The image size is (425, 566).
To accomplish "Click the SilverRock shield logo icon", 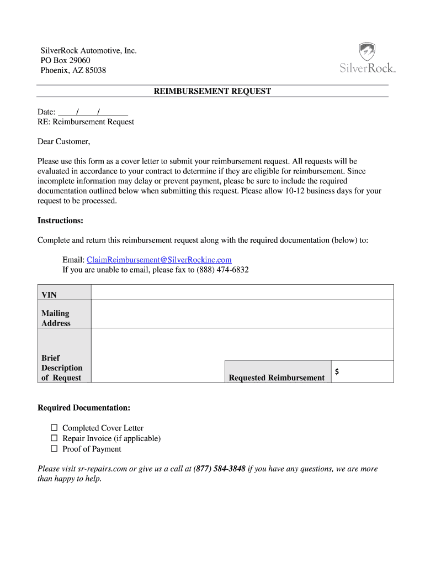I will coord(367,52).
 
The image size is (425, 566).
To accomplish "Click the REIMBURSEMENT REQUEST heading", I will coord(212,91).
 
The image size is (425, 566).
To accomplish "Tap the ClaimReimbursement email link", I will coord(159,260).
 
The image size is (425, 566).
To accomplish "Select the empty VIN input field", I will coord(242,292).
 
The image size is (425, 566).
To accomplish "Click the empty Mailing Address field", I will coord(242,314).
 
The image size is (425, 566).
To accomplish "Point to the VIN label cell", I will coord(64,292).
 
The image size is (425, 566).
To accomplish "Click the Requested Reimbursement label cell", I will coord(277,371).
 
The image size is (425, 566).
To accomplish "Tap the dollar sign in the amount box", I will coord(337,372).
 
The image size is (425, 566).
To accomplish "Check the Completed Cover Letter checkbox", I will coord(54,428).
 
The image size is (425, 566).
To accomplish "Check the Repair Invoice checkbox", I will coord(54,438).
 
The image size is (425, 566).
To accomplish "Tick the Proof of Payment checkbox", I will coord(54,449).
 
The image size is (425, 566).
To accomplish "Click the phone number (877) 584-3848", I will coord(220,469).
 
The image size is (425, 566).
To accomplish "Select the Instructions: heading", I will coord(60,221).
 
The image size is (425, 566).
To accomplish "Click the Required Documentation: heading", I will coord(84,408).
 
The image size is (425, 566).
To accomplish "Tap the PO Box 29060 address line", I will coord(65,60).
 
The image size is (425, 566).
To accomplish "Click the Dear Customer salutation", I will coord(63,141).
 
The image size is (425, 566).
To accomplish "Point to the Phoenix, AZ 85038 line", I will coord(73,70).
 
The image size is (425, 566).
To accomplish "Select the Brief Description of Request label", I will coord(62,368).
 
